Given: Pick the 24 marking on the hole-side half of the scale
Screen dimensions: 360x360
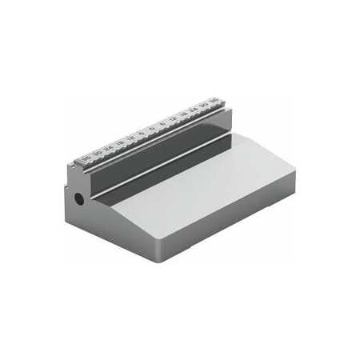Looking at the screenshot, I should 109,148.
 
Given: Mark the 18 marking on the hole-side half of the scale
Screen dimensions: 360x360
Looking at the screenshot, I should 120,143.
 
